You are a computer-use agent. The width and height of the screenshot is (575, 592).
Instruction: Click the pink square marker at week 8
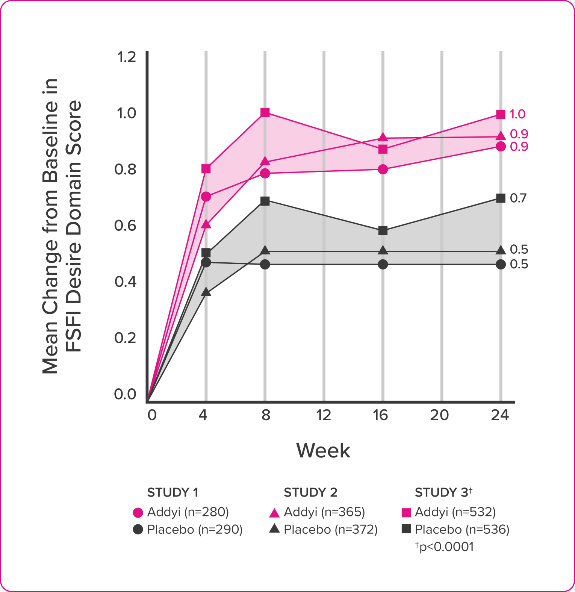265,112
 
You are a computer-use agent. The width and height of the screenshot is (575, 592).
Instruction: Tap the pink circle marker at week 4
206,197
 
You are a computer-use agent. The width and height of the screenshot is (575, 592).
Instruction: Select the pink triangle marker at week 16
383,137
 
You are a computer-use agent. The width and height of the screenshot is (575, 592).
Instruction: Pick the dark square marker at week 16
383,230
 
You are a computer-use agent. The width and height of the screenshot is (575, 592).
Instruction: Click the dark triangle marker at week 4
206,292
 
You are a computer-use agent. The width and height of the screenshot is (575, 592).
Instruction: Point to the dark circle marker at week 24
501,264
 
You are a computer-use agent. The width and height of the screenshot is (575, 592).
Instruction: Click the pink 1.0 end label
517,114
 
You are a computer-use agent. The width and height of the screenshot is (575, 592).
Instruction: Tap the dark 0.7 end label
518,198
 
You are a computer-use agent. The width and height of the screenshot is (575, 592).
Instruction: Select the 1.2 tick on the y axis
126,57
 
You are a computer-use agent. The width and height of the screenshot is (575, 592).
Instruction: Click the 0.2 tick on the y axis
125,338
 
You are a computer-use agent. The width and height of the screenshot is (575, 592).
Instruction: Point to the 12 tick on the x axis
324,415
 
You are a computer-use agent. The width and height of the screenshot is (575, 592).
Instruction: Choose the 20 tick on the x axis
439,415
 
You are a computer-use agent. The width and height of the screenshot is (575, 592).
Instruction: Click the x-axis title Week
323,450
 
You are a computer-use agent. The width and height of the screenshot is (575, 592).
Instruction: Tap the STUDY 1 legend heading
172,492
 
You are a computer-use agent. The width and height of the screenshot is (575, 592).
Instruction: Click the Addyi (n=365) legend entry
324,512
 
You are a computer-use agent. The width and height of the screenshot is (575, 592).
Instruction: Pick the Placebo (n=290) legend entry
195,530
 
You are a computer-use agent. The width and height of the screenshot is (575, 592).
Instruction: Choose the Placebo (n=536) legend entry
462,530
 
